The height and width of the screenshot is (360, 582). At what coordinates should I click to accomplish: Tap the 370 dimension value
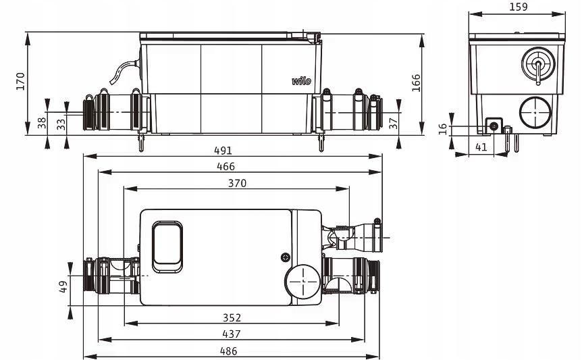[x=236, y=183]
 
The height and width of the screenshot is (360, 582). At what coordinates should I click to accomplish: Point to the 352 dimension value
[x=232, y=317]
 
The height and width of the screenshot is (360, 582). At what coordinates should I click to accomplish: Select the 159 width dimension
[x=517, y=7]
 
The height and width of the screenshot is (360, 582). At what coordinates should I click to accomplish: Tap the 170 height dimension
[x=20, y=81]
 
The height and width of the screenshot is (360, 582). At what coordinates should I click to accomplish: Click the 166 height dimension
[x=417, y=82]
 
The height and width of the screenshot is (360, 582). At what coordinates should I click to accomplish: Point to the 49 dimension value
[x=62, y=286]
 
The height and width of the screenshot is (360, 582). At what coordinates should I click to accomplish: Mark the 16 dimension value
[x=444, y=129]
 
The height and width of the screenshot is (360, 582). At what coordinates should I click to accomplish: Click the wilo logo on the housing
[x=301, y=81]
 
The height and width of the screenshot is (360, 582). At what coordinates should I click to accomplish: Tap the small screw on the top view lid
[x=285, y=257]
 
